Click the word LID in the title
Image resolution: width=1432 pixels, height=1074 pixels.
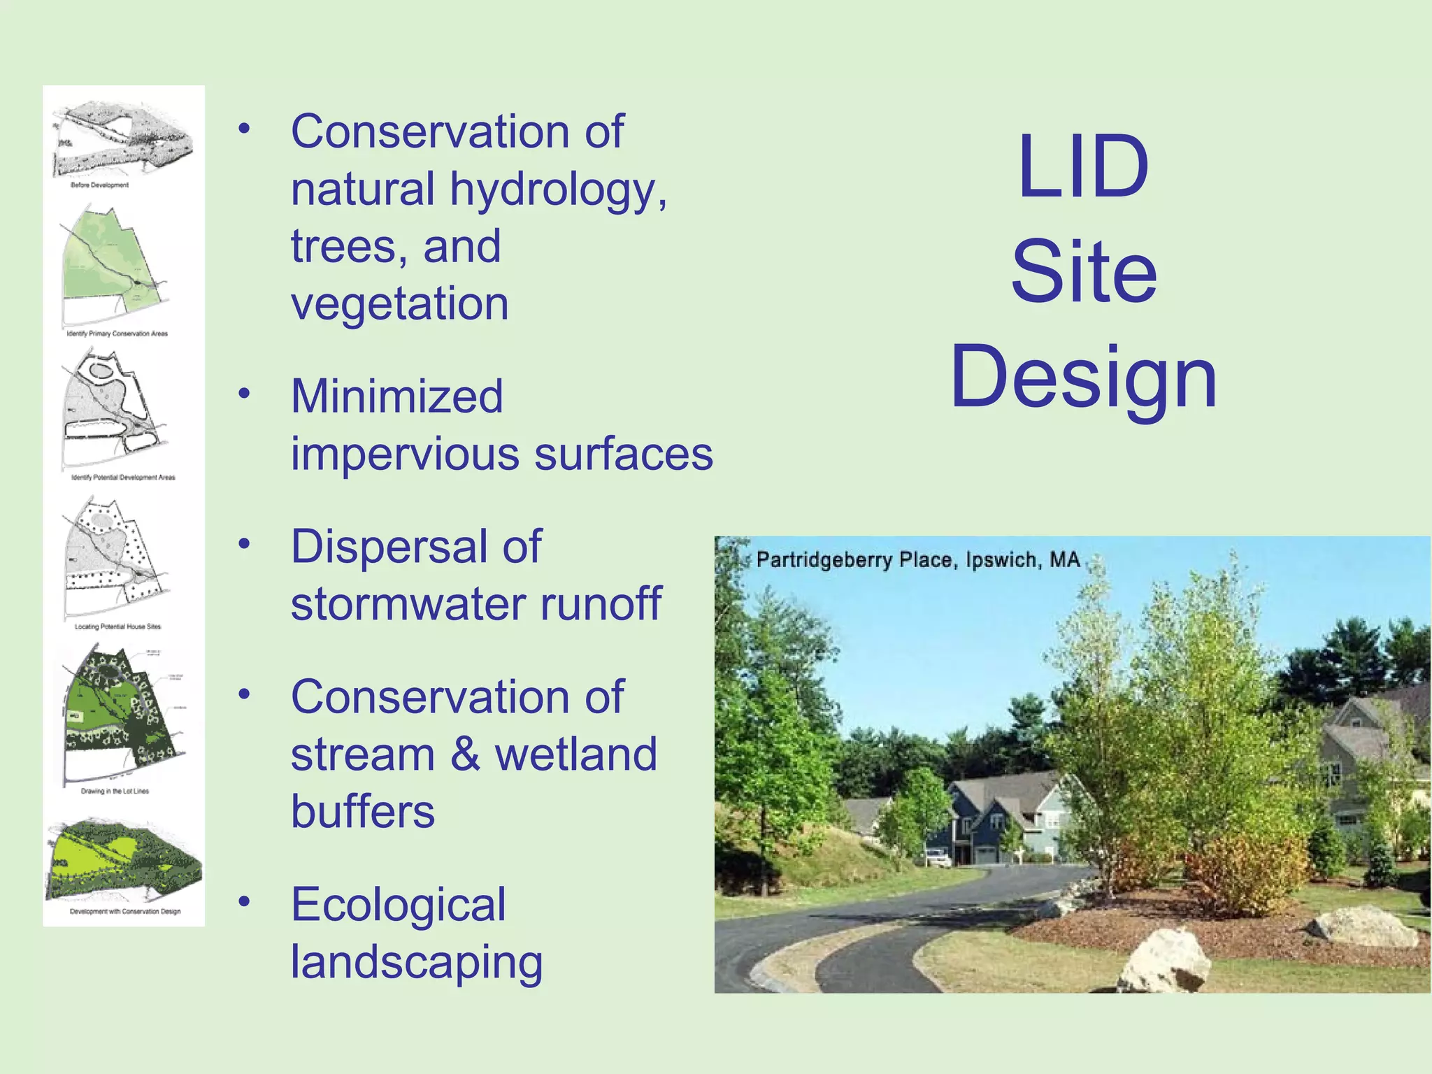coord(1083,167)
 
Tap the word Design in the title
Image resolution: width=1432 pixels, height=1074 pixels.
coord(1083,378)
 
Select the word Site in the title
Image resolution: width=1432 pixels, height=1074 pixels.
coord(1083,272)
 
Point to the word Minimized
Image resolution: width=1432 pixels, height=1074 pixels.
coord(396,396)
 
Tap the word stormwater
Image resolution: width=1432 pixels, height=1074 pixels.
coord(407,604)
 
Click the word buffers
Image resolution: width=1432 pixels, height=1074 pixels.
coord(363,812)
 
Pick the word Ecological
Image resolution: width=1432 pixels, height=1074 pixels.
coord(398,905)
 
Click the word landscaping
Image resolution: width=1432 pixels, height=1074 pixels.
coord(417,963)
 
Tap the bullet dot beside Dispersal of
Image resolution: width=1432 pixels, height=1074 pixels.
coord(244,544)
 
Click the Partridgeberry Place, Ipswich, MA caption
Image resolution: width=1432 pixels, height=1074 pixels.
coord(917,560)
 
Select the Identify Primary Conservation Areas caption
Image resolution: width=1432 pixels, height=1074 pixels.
coord(117,334)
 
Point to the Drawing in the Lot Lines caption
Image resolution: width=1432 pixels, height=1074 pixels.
coord(115,791)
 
